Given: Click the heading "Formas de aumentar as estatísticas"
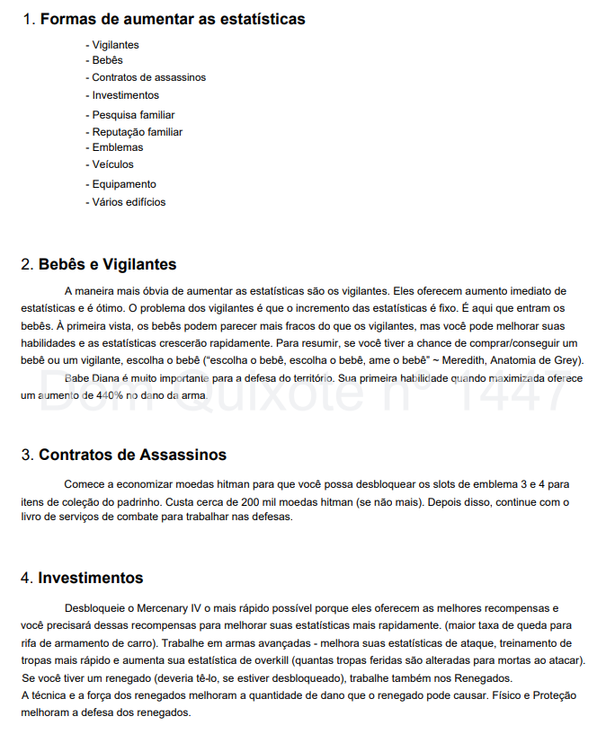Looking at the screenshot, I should (172, 19).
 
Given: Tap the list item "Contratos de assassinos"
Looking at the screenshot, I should (148, 77).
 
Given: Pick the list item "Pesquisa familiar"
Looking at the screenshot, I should (133, 115).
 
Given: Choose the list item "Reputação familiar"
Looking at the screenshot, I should (137, 132).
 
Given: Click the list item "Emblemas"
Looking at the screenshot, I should (117, 147).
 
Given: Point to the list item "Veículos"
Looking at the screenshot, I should (112, 164).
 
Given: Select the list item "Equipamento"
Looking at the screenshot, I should (123, 184).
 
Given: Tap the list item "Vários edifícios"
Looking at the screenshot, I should (129, 202).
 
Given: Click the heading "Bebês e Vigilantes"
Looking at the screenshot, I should (107, 265).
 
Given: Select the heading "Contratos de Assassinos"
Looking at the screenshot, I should (132, 456).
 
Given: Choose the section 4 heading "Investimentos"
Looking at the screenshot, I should (90, 578).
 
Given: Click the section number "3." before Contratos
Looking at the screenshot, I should (27, 456).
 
